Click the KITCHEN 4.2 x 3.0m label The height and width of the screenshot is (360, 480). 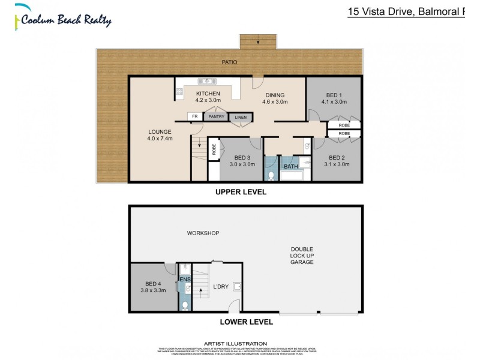(208, 97)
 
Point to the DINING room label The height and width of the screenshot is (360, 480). (273, 98)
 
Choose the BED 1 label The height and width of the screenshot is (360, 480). (334, 98)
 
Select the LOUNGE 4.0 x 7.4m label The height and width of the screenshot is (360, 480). (160, 135)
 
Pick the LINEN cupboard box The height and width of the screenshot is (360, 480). (240, 118)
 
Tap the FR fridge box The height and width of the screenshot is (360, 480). (194, 117)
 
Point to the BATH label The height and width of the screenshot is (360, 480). (290, 167)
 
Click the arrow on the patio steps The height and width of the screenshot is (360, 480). (257, 41)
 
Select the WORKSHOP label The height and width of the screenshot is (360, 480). (202, 233)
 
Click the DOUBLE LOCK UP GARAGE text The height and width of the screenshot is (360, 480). (302, 256)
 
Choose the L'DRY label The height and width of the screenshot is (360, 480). (221, 287)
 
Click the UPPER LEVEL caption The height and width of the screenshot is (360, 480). (240, 193)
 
